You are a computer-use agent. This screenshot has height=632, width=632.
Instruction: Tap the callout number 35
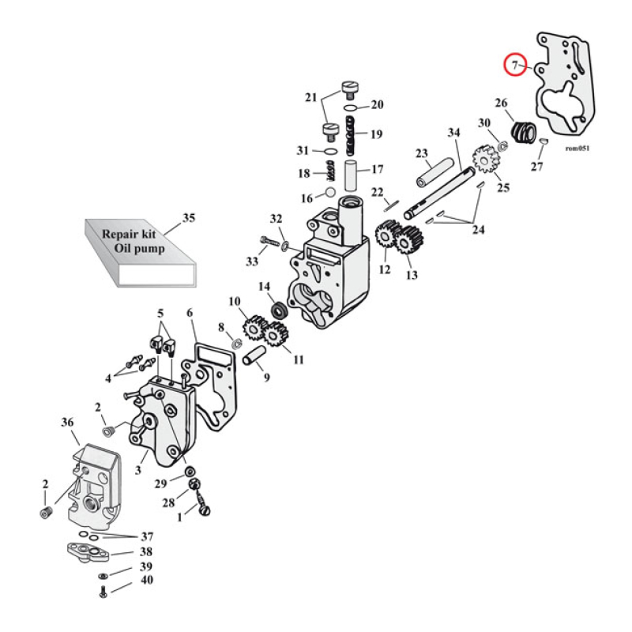coord(188,217)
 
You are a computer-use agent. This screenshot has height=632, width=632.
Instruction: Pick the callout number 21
coord(310,98)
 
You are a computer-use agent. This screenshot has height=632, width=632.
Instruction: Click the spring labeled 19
coord(352,134)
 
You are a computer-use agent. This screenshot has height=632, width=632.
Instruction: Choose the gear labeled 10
coord(255,327)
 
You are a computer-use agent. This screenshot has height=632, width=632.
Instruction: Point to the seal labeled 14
coord(279,310)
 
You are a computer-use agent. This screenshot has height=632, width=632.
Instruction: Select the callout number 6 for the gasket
coord(190,313)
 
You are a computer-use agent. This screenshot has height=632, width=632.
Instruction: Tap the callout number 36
coord(67,423)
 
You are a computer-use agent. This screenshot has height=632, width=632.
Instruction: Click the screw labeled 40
coord(103,593)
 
